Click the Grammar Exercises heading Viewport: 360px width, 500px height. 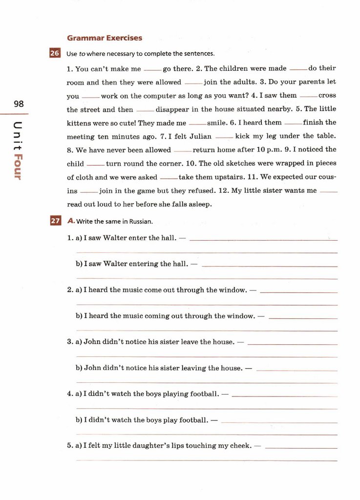105,38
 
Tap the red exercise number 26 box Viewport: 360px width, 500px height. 55,53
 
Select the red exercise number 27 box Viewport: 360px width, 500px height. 55,221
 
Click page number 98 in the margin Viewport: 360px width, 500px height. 19,104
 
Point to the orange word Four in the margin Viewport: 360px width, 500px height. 18,167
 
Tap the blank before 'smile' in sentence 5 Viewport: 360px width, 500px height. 197,124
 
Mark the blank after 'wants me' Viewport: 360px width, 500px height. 328,192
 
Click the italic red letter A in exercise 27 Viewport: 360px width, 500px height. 71,221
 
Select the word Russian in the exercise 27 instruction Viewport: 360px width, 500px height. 141,222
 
